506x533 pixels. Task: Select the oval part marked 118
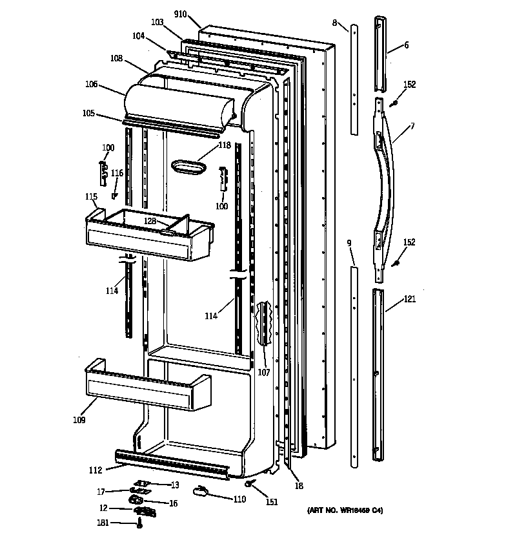(188, 167)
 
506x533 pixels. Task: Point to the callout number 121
(410, 299)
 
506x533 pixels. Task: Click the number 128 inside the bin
(150, 221)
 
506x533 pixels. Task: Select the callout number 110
(239, 499)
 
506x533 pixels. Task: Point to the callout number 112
(96, 470)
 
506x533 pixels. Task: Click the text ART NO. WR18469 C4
(345, 511)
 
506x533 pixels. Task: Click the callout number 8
(335, 23)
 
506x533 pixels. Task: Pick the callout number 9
(349, 244)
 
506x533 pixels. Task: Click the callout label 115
(91, 196)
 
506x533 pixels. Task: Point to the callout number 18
(298, 486)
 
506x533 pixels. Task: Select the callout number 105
(88, 114)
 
